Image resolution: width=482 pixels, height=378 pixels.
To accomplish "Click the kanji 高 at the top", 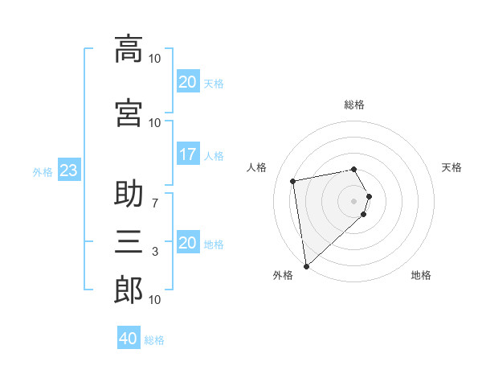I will [129, 48].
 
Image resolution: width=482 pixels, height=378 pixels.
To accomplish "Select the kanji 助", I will [129, 195].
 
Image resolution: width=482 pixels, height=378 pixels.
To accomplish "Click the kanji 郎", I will [129, 290].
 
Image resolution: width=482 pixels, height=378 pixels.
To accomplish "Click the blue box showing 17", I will [188, 154].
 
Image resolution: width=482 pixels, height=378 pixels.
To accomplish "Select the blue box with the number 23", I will [68, 171].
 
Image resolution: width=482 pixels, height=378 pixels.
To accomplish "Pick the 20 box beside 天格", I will [188, 82].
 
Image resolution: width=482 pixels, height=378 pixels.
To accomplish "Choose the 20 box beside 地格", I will [188, 243].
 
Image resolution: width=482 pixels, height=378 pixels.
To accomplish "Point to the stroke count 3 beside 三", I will [154, 252].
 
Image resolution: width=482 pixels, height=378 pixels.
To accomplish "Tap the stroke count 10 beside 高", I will [154, 58].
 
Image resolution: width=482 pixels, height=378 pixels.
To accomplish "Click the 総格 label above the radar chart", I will [354, 105].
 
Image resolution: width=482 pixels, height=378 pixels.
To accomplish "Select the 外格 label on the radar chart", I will [283, 276].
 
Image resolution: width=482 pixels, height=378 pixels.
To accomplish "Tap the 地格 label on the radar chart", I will [421, 276].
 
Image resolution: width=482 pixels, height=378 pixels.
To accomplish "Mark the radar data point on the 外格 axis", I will [306, 265].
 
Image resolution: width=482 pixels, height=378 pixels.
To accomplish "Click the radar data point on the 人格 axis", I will [293, 180].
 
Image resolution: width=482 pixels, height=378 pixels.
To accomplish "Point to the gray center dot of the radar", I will [354, 200].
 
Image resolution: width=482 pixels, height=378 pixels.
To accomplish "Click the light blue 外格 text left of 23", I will [43, 171].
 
